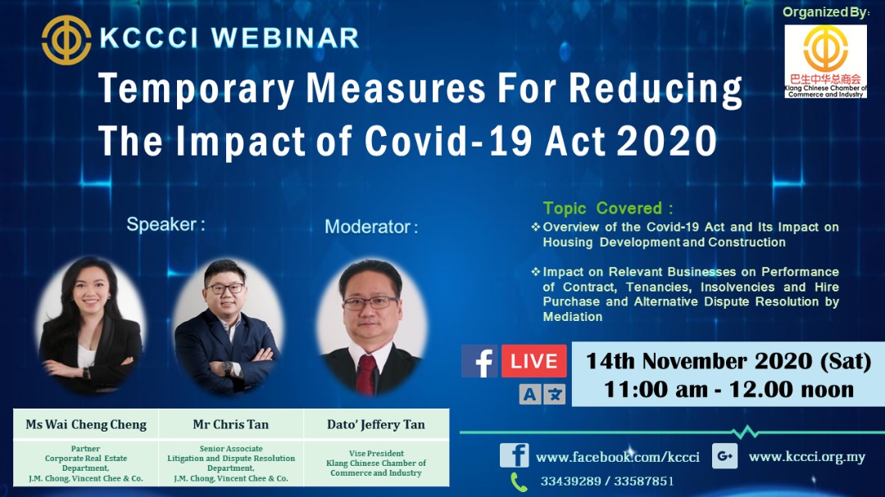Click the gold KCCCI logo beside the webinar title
click(x=66, y=39)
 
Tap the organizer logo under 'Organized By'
click(x=825, y=61)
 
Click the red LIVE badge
click(x=533, y=361)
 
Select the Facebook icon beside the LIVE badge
click(x=479, y=361)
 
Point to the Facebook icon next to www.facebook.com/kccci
click(x=514, y=455)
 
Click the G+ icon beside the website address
click(x=724, y=456)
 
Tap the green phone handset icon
click(x=519, y=482)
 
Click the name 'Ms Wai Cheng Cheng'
click(x=86, y=424)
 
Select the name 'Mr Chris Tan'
click(x=231, y=424)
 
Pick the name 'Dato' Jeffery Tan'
click(x=376, y=424)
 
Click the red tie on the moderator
click(x=366, y=374)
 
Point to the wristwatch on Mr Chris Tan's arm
click(x=227, y=368)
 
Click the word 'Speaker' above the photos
click(x=161, y=224)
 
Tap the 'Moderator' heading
click(x=367, y=227)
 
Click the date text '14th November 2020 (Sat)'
click(x=728, y=361)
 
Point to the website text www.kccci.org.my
click(x=806, y=456)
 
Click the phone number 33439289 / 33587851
click(x=606, y=481)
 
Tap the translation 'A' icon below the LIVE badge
click(x=529, y=394)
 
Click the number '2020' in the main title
click(x=666, y=141)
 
